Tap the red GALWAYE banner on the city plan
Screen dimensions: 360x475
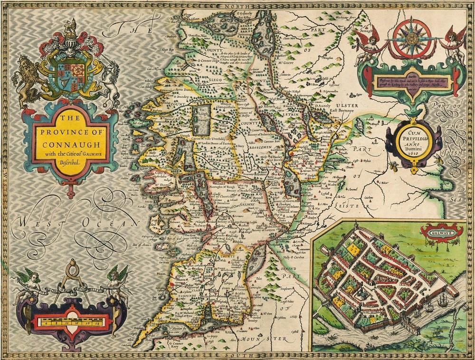[x=435, y=233]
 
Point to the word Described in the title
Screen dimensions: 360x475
[x=69, y=162]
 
